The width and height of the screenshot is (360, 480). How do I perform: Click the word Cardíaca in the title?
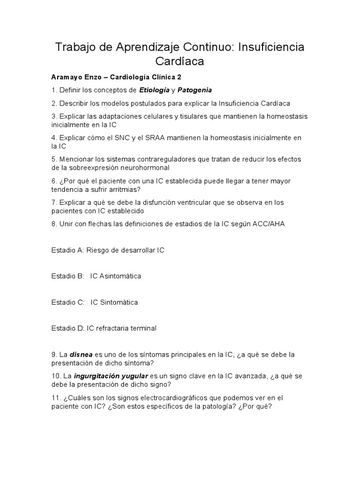(180, 61)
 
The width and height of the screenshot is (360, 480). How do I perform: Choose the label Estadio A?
(67, 250)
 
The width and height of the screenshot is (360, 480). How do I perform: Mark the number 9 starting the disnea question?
(54, 354)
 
